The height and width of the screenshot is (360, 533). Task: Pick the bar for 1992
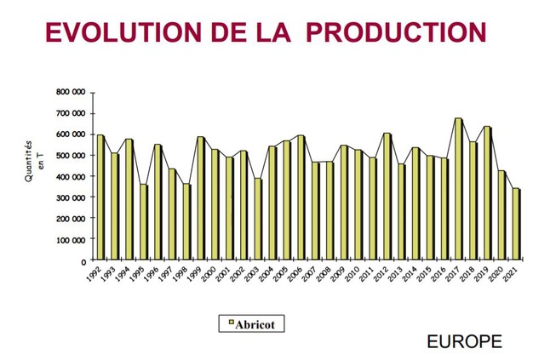point(100,197)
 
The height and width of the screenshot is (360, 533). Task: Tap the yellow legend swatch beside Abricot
point(231,323)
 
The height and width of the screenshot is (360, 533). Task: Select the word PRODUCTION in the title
point(395,31)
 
